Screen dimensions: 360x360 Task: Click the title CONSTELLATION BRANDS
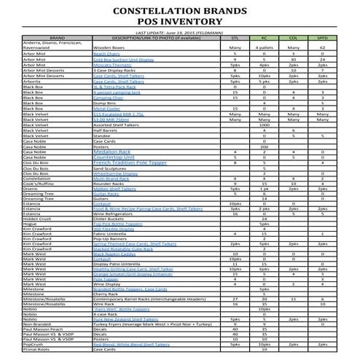[180, 12]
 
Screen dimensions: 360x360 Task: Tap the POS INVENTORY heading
[180, 25]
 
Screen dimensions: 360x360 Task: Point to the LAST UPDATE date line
[179, 34]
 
